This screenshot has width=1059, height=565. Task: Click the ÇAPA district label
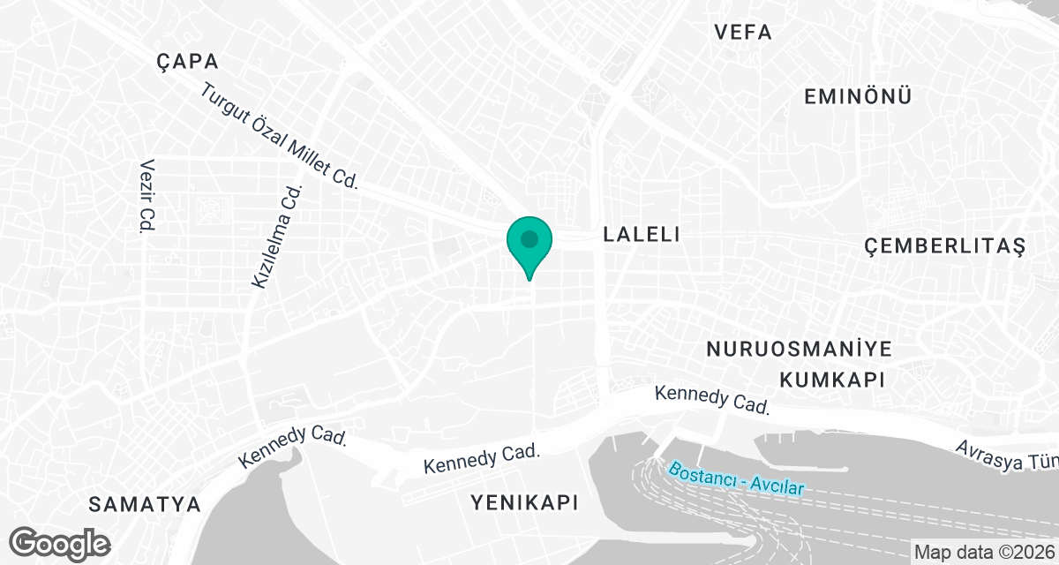186,61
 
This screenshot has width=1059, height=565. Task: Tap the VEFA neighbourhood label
743,33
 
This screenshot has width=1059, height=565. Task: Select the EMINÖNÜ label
858,97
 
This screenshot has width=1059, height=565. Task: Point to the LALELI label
641,234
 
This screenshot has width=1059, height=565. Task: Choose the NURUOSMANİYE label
800,349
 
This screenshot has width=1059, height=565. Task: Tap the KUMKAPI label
831,379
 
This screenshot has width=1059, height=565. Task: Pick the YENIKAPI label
524,503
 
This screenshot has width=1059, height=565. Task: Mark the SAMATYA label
145,505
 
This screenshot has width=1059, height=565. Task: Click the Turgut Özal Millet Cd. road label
280,136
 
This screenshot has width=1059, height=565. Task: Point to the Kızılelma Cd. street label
277,237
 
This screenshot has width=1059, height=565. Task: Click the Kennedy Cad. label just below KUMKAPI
713,400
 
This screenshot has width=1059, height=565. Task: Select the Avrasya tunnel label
1006,455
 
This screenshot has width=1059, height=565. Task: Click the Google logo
61,542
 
